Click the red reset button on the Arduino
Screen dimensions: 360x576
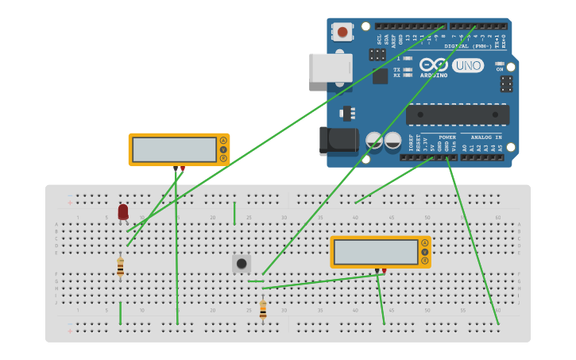(x=342, y=32)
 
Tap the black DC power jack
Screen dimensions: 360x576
(x=338, y=141)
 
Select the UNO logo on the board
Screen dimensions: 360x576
(x=468, y=65)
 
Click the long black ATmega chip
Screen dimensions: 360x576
(x=458, y=114)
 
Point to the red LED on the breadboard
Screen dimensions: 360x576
(x=123, y=211)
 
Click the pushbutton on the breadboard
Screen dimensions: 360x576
(x=242, y=263)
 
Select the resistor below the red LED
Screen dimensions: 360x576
(x=120, y=268)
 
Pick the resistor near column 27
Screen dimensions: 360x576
(x=263, y=309)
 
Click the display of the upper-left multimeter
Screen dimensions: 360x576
(x=174, y=149)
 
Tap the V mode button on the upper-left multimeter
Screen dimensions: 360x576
(x=223, y=149)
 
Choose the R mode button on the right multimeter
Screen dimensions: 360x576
(x=425, y=261)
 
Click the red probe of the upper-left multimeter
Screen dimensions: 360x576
(x=183, y=168)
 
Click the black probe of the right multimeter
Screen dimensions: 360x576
(x=377, y=271)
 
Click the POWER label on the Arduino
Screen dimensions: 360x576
(x=447, y=137)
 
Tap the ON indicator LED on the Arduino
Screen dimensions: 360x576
(x=500, y=64)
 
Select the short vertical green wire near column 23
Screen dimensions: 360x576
(x=234, y=213)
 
